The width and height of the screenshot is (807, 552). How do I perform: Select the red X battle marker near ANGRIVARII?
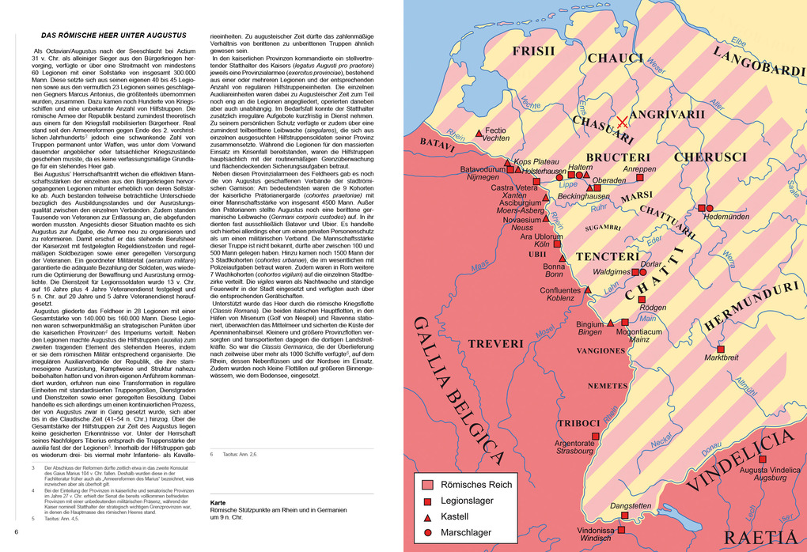pyautogui.click(x=623, y=122)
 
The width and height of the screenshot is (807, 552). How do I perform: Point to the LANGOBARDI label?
pyautogui.click(x=758, y=61)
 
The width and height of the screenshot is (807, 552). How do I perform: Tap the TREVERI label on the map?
pyautogui.click(x=495, y=344)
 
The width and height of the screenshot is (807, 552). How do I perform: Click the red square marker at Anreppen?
pyautogui.click(x=640, y=178)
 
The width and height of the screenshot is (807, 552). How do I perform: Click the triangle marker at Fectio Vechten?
pyautogui.click(x=479, y=133)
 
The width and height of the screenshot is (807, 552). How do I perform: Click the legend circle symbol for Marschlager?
pyautogui.click(x=427, y=533)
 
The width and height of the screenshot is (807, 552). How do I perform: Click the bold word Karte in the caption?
pyautogui.click(x=219, y=502)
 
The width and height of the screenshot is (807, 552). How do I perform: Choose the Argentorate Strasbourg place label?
pyautogui.click(x=575, y=447)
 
